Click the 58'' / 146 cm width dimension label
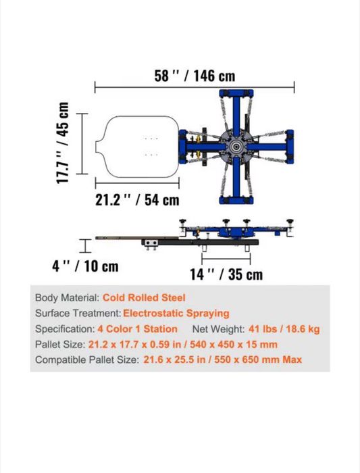195,76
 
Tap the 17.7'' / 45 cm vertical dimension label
62,143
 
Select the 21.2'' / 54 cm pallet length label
137,200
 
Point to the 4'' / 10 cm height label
85,266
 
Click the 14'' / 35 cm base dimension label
226,274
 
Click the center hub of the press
236,147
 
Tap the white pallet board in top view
138,147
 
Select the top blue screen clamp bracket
236,93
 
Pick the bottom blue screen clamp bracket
236,200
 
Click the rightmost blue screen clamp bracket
290,147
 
